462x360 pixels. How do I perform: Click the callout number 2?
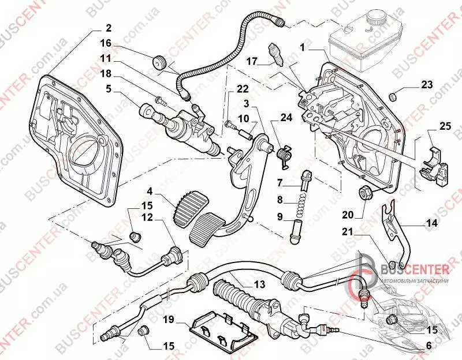click(108, 28)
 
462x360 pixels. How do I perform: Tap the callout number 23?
click(427, 84)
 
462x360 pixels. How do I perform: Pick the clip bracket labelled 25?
click(435, 163)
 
